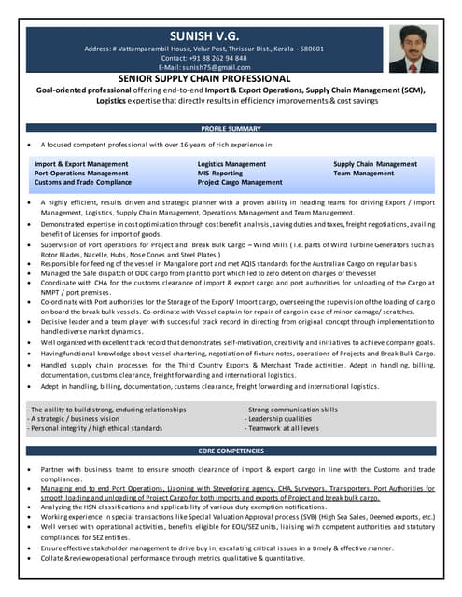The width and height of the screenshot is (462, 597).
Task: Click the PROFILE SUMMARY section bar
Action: pyautogui.click(x=231, y=128)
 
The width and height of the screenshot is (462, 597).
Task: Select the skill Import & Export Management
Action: pyautogui.click(x=81, y=164)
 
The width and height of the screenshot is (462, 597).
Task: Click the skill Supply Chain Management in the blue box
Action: pyautogui.click(x=375, y=164)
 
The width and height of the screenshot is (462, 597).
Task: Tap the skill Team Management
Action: pyautogui.click(x=364, y=174)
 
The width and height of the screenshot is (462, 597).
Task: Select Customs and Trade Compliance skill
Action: pyautogui.click(x=83, y=183)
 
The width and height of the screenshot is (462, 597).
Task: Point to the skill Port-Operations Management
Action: pyautogui.click(x=81, y=174)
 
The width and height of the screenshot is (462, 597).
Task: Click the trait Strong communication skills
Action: pyautogui.click(x=291, y=410)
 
